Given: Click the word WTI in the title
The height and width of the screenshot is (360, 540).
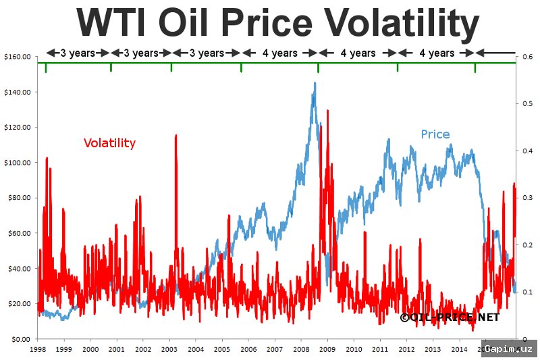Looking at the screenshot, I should pos(113,23).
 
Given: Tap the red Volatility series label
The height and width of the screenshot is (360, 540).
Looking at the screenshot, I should pos(109,143).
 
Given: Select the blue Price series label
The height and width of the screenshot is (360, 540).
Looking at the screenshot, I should pos(435,134).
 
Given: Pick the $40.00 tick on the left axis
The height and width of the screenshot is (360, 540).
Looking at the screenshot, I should pos(18,268).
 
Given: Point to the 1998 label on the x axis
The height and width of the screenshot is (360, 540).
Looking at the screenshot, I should pos(38,350).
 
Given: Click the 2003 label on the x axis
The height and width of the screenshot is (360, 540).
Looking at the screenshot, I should pos(169,350).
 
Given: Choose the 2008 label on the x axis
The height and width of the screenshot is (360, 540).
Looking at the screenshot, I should pos(301,350).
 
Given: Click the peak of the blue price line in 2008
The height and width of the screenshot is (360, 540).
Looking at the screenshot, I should pos(314,83).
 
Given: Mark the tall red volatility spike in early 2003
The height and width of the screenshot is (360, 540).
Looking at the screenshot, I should pos(176,136).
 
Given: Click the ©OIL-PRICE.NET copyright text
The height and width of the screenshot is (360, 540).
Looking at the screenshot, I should pos(449,317).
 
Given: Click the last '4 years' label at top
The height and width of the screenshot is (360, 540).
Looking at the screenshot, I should pos(436,53).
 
